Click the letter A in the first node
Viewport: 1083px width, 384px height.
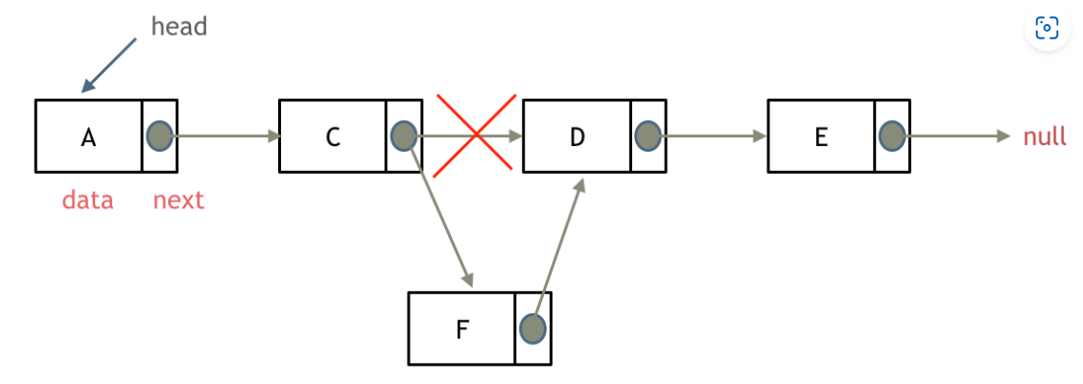88,137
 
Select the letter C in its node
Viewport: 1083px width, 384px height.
333,137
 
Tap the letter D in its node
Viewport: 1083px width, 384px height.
577,137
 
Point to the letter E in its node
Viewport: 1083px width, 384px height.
821,137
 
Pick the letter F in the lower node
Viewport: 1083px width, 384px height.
462,329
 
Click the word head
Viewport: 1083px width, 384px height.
179,26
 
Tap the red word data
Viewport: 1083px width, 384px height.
87,200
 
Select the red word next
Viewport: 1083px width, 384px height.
178,200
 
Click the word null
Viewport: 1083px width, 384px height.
1045,136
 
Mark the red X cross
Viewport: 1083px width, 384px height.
475,135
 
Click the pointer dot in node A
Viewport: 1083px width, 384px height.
159,135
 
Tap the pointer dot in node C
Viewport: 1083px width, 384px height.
404,135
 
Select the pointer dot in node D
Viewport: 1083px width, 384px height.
647,135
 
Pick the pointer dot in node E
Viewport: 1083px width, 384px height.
892,135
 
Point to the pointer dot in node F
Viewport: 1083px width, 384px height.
532,328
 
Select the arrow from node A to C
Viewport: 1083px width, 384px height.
226,135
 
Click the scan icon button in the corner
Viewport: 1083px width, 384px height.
1047,28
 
